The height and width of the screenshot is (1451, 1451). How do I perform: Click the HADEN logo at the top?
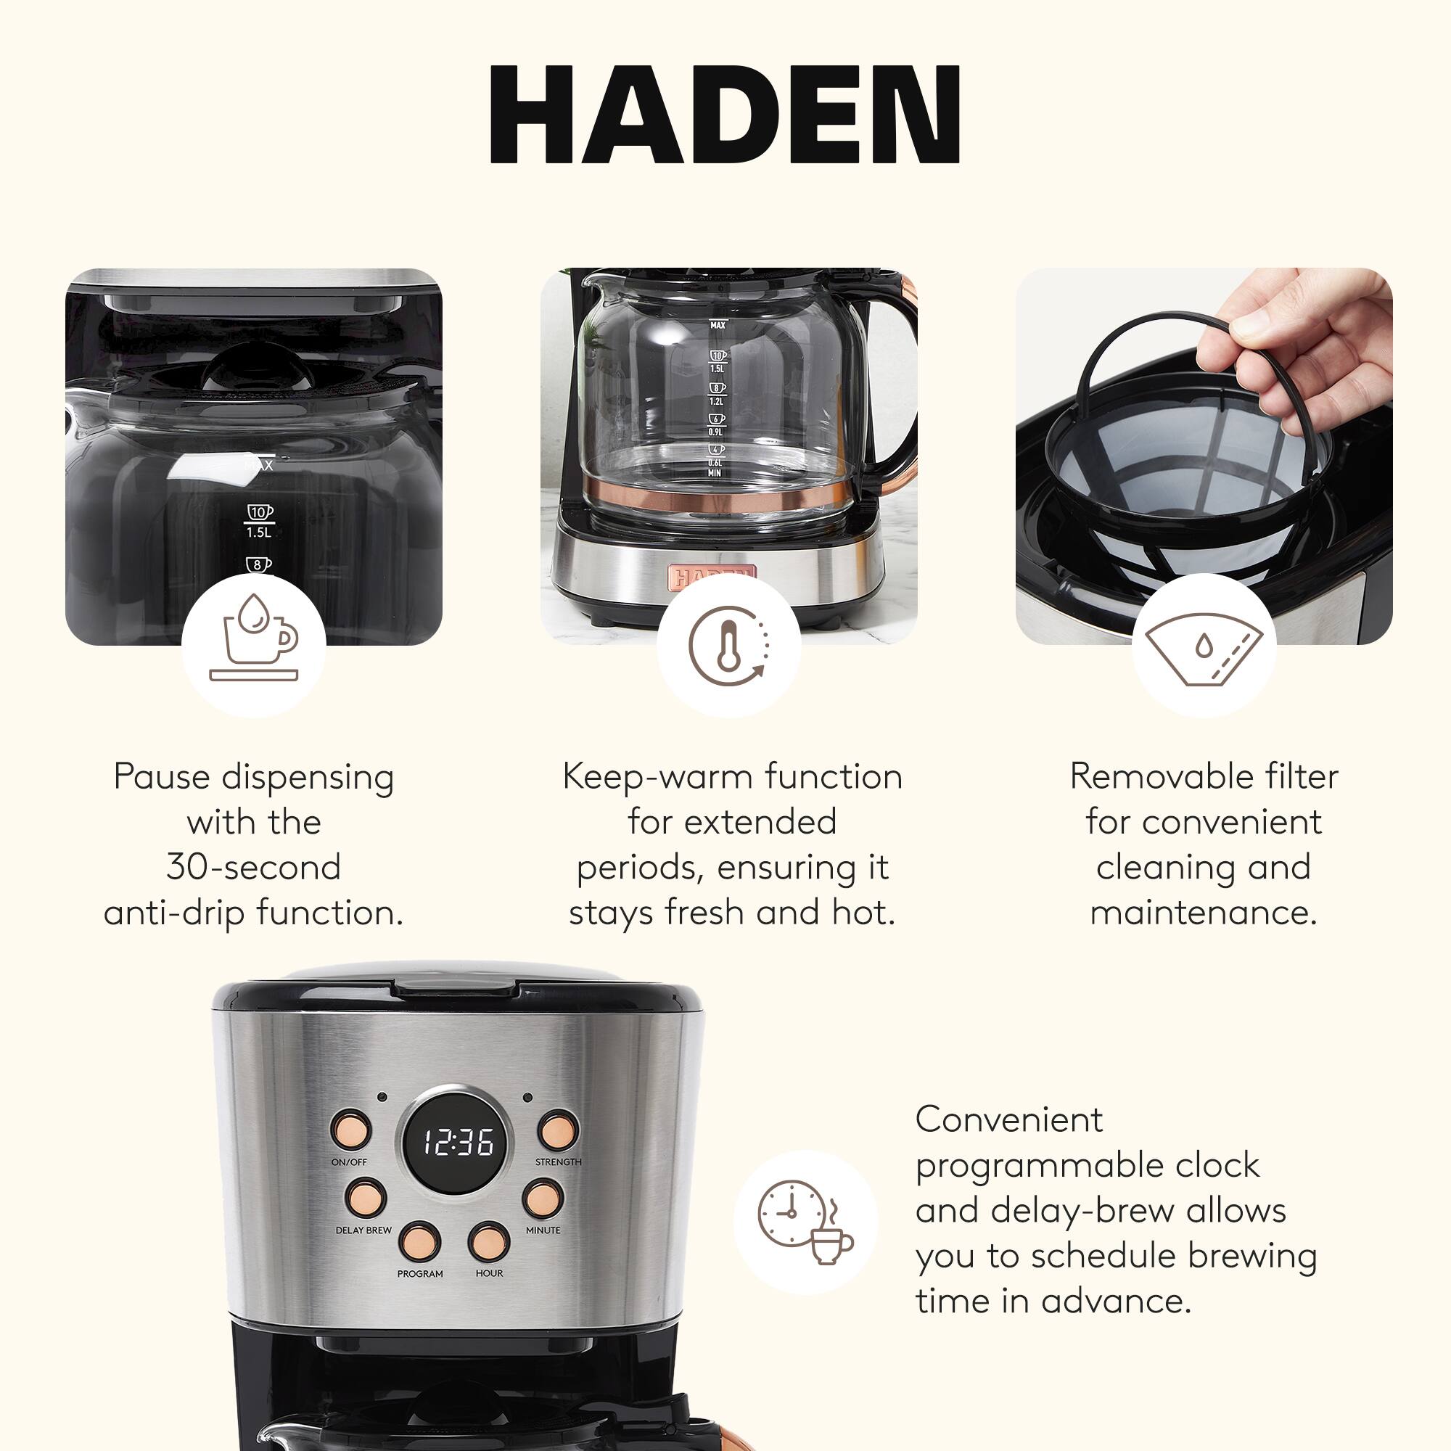point(725,114)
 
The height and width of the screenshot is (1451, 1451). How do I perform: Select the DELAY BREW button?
point(366,1198)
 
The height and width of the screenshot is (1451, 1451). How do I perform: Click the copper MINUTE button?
point(543,1198)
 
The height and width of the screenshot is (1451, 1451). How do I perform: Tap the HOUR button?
point(489,1241)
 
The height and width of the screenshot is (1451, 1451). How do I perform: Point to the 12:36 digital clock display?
point(457,1143)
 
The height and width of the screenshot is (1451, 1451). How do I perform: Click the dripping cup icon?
point(254,644)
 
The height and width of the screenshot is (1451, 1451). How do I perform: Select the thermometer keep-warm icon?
point(728,644)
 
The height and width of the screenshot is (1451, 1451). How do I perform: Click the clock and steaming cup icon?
point(805,1222)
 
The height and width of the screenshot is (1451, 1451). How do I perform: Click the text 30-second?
point(254,867)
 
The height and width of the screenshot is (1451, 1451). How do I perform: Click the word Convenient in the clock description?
point(1008,1119)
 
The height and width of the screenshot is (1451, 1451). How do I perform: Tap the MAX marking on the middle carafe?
point(718,325)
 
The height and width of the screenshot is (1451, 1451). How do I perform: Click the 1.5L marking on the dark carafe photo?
point(258,533)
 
